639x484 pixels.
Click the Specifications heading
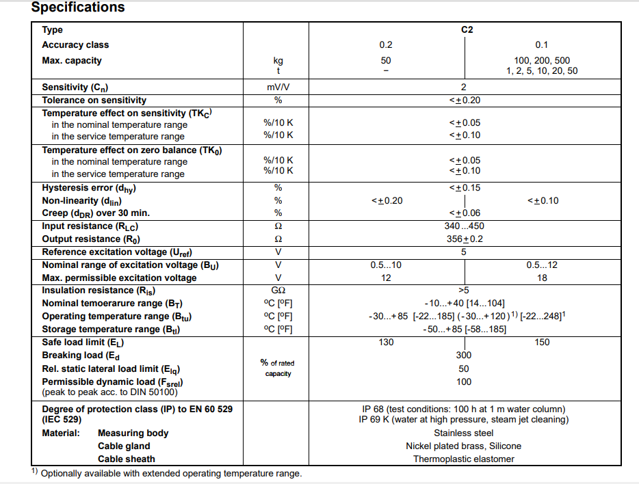[x=78, y=8]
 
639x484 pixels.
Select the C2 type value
[x=467, y=30]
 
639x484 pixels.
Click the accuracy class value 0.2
[x=386, y=45]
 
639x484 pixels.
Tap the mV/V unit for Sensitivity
[x=278, y=88]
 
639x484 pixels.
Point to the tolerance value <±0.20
[x=464, y=100]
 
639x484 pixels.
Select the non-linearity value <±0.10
[x=543, y=200]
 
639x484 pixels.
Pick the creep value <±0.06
[x=464, y=213]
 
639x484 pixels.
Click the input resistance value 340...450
[x=464, y=226]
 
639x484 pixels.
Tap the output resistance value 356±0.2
[x=464, y=239]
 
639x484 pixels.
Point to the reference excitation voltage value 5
[x=464, y=252]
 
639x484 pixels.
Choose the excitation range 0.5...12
[x=543, y=265]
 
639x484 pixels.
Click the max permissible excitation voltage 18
[x=543, y=278]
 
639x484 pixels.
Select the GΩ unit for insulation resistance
[x=278, y=291]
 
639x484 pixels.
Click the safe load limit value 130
[x=386, y=342]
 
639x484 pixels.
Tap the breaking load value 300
[x=464, y=355]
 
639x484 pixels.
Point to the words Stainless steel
[x=464, y=433]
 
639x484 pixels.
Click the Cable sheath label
[x=127, y=459]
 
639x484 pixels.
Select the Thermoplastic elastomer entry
[x=464, y=459]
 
